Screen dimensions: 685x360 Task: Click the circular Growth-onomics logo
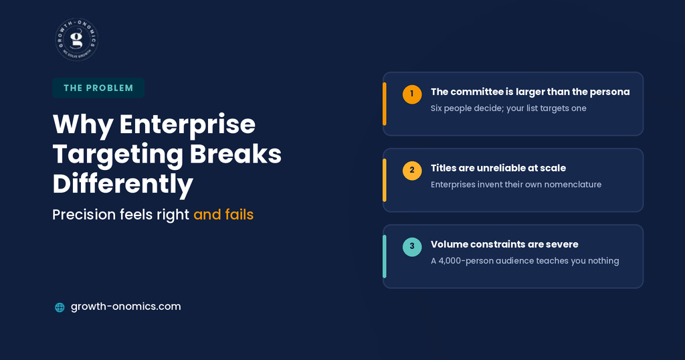[77, 39]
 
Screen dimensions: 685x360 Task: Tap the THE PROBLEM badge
[98, 88]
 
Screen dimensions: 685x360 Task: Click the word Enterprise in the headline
[187, 124]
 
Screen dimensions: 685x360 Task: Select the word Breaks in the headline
[235, 154]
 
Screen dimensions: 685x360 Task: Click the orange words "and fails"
[223, 215]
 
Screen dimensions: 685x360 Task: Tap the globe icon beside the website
[60, 307]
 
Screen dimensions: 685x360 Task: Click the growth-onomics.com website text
[126, 306]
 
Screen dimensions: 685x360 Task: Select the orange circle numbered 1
[412, 94]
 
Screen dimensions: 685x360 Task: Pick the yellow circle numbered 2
[412, 171]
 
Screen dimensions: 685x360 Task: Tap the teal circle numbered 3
[412, 247]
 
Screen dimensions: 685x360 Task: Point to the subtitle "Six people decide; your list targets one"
[508, 108]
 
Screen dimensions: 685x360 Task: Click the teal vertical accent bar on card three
[385, 256]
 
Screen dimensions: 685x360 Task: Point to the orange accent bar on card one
[385, 104]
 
